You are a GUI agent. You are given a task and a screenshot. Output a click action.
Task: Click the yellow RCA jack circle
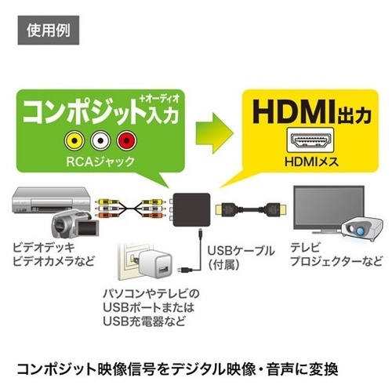[74, 141]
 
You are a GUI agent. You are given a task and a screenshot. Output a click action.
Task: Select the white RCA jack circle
[100, 141]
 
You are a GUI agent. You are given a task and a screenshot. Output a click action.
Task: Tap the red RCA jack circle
[127, 141]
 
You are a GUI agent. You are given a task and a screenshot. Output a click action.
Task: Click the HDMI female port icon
[310, 140]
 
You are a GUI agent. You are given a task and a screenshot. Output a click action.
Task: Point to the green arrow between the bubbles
[214, 132]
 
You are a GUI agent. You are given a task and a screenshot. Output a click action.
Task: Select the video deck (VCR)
[51, 200]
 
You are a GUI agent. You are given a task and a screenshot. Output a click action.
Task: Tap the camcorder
[74, 226]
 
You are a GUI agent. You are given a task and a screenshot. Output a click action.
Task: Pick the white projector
[362, 228]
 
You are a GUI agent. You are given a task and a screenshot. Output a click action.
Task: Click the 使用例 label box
[49, 31]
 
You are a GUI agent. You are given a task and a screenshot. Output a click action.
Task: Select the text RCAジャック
[100, 162]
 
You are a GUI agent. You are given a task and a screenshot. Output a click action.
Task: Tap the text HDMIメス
[311, 162]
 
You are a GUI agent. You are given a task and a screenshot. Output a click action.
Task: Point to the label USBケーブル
[241, 251]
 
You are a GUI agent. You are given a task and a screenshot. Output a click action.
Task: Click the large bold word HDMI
[293, 112]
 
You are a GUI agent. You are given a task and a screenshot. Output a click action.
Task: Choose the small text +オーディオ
[160, 99]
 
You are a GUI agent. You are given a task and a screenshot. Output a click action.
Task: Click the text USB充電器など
[144, 321]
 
